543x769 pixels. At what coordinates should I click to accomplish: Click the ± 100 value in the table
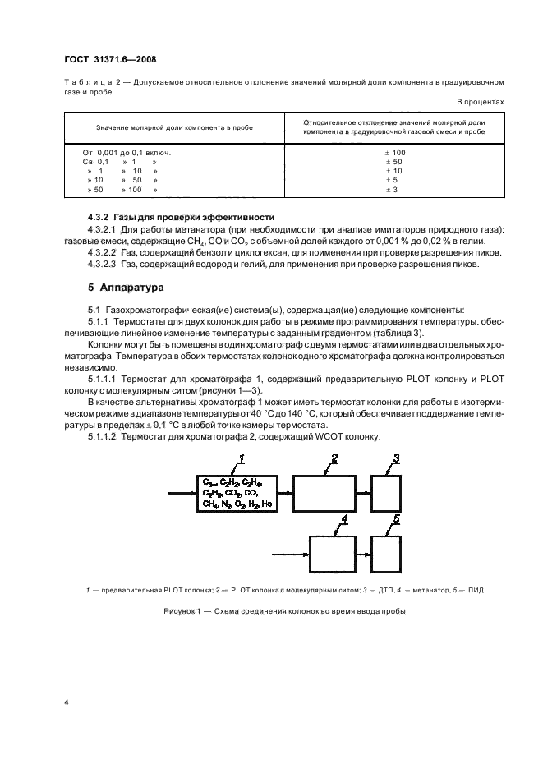click(390, 153)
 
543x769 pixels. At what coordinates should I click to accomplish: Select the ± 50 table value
click(390, 162)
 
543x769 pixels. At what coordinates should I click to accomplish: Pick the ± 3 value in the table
click(390, 190)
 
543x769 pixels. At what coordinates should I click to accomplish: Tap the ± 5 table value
click(390, 180)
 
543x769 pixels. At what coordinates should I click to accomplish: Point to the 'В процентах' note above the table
click(481, 101)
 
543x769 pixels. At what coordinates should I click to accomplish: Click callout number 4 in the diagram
click(344, 520)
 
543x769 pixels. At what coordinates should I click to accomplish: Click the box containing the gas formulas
click(238, 493)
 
